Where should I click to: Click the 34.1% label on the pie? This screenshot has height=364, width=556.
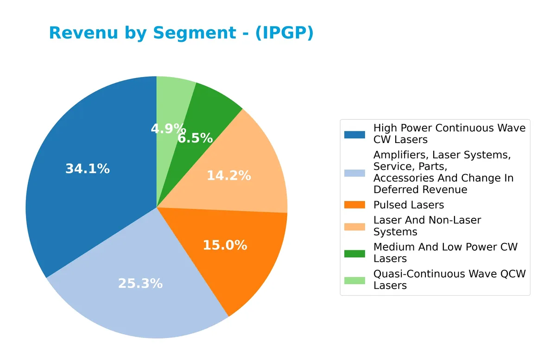click(x=88, y=169)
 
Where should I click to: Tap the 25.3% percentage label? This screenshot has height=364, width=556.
click(x=140, y=283)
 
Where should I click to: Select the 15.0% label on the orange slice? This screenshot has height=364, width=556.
click(x=225, y=245)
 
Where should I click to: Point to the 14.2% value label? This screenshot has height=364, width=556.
click(x=228, y=175)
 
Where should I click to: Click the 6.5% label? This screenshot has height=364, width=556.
click(x=195, y=138)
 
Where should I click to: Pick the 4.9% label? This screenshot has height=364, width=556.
click(x=168, y=129)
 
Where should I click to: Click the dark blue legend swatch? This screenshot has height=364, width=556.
click(x=354, y=135)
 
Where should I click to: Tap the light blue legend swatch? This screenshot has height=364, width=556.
click(x=354, y=173)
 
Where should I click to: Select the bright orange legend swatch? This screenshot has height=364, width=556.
click(x=354, y=205)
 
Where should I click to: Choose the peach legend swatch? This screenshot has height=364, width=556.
click(x=354, y=226)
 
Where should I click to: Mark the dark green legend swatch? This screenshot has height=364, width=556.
click(x=354, y=253)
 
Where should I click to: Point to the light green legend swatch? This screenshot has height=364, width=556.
click(x=354, y=280)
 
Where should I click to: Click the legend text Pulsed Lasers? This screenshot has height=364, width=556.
click(x=409, y=205)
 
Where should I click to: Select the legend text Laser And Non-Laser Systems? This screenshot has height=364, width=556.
click(x=427, y=226)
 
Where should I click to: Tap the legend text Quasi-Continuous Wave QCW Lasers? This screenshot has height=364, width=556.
click(x=449, y=279)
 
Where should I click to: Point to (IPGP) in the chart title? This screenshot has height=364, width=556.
click(x=284, y=33)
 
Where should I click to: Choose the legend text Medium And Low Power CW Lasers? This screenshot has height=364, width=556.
click(x=445, y=253)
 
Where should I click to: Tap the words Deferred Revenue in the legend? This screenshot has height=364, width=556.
click(x=420, y=189)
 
